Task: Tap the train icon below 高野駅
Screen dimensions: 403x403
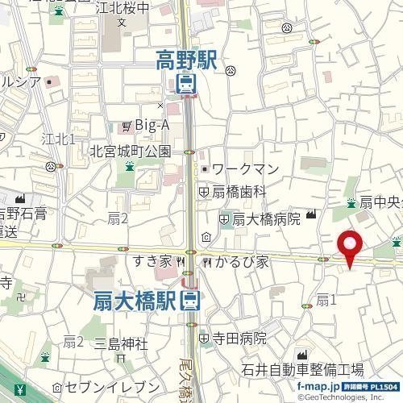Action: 185,83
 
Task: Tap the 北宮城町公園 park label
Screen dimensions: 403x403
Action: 131,150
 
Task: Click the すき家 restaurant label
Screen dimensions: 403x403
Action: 153,261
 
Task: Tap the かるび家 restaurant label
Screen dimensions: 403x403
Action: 239,261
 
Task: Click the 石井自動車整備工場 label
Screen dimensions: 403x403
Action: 302,370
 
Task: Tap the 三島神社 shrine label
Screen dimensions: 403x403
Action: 121,345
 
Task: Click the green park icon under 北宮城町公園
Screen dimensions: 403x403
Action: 129,167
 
